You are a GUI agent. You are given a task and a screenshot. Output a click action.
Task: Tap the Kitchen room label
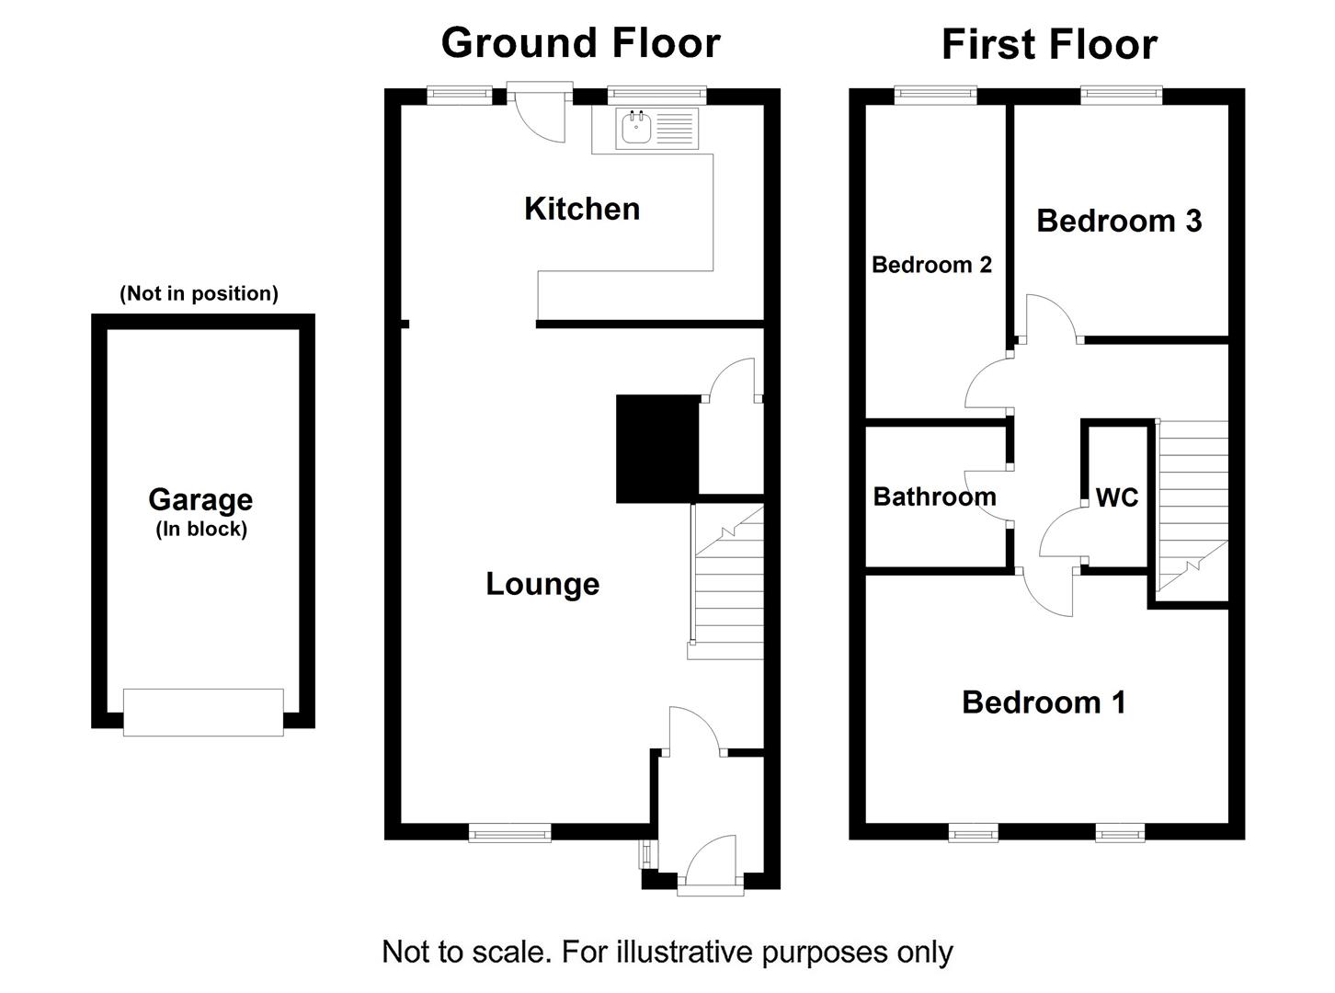pyautogui.click(x=581, y=209)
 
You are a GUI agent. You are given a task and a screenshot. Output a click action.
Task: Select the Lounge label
pyautogui.click(x=542, y=584)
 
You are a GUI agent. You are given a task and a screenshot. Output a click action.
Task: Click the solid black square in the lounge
pyautogui.click(x=656, y=449)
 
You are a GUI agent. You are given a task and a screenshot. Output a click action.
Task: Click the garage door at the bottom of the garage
pyautogui.click(x=203, y=713)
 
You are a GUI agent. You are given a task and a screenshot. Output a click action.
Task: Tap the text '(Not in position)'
pyautogui.click(x=199, y=293)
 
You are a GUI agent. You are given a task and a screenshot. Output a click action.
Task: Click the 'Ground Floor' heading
pyautogui.click(x=580, y=43)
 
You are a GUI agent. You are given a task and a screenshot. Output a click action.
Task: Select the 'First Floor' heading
pyautogui.click(x=1049, y=45)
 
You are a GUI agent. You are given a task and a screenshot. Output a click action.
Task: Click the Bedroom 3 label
pyautogui.click(x=1119, y=221)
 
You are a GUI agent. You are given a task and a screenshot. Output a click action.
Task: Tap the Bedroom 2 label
pyautogui.click(x=931, y=265)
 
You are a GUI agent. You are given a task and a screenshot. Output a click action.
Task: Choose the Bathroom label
pyautogui.click(x=934, y=496)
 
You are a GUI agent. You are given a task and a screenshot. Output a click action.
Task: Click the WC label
pyautogui.click(x=1117, y=497)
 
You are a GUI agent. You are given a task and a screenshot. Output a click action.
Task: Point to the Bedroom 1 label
pyautogui.click(x=1044, y=702)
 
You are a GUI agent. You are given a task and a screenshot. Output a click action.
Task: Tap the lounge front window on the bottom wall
pyautogui.click(x=509, y=834)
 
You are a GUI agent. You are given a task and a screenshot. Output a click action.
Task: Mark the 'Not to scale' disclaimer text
pyautogui.click(x=667, y=952)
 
